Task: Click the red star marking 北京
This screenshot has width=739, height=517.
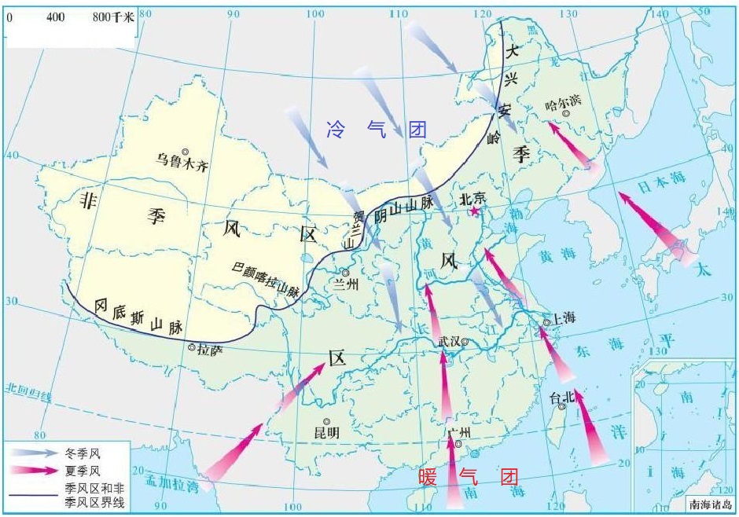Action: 474,211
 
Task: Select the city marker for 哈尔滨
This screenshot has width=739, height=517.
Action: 565,114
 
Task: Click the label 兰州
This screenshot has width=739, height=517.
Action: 346,284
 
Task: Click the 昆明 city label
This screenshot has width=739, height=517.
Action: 326,432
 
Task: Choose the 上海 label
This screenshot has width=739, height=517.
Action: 564,317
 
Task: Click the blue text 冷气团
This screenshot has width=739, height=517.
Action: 376,130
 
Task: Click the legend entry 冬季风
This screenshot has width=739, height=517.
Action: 84,453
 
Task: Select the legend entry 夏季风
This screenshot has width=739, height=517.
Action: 84,471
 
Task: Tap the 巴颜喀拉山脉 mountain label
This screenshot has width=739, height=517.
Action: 266,279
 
